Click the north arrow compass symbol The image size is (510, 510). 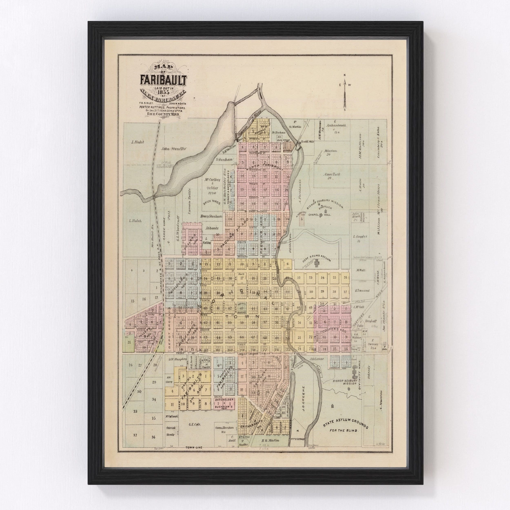(345, 92)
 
